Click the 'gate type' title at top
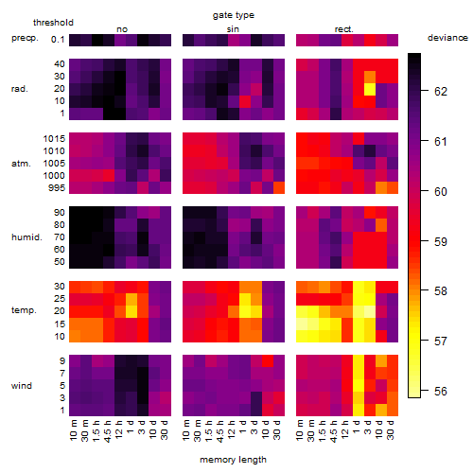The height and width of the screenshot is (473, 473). [234, 15]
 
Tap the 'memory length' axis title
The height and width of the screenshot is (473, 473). [233, 460]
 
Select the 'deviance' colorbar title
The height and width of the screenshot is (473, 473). [447, 38]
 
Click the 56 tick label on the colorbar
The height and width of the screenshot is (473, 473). [441, 392]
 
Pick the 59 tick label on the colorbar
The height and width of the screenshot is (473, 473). [441, 242]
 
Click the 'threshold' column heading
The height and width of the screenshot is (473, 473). [53, 23]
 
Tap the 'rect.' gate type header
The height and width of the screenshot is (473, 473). [343, 29]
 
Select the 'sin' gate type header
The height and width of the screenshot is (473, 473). [233, 29]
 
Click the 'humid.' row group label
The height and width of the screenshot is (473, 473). [26, 237]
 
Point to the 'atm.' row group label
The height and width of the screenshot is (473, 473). [21, 164]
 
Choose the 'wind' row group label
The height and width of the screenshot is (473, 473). [22, 386]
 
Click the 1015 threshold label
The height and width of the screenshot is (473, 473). [54, 139]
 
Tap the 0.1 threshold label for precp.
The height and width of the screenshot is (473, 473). [58, 40]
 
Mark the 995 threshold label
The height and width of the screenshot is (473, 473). [57, 188]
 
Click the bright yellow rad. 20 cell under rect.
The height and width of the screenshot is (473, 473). [370, 89]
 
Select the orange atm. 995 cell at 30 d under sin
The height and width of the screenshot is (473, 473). [279, 188]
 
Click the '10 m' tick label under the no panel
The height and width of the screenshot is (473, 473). [73, 430]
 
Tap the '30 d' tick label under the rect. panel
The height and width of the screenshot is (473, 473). [391, 430]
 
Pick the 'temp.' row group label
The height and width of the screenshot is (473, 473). [24, 310]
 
